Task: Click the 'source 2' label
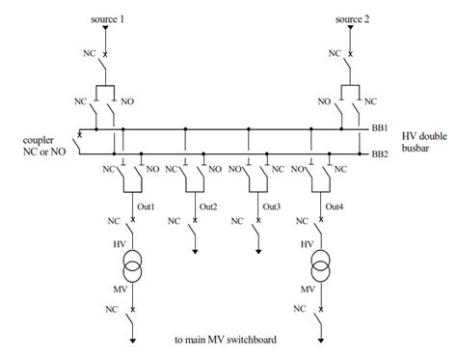tap(352, 20)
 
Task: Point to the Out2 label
tap(208, 206)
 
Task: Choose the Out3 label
tap(271, 206)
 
